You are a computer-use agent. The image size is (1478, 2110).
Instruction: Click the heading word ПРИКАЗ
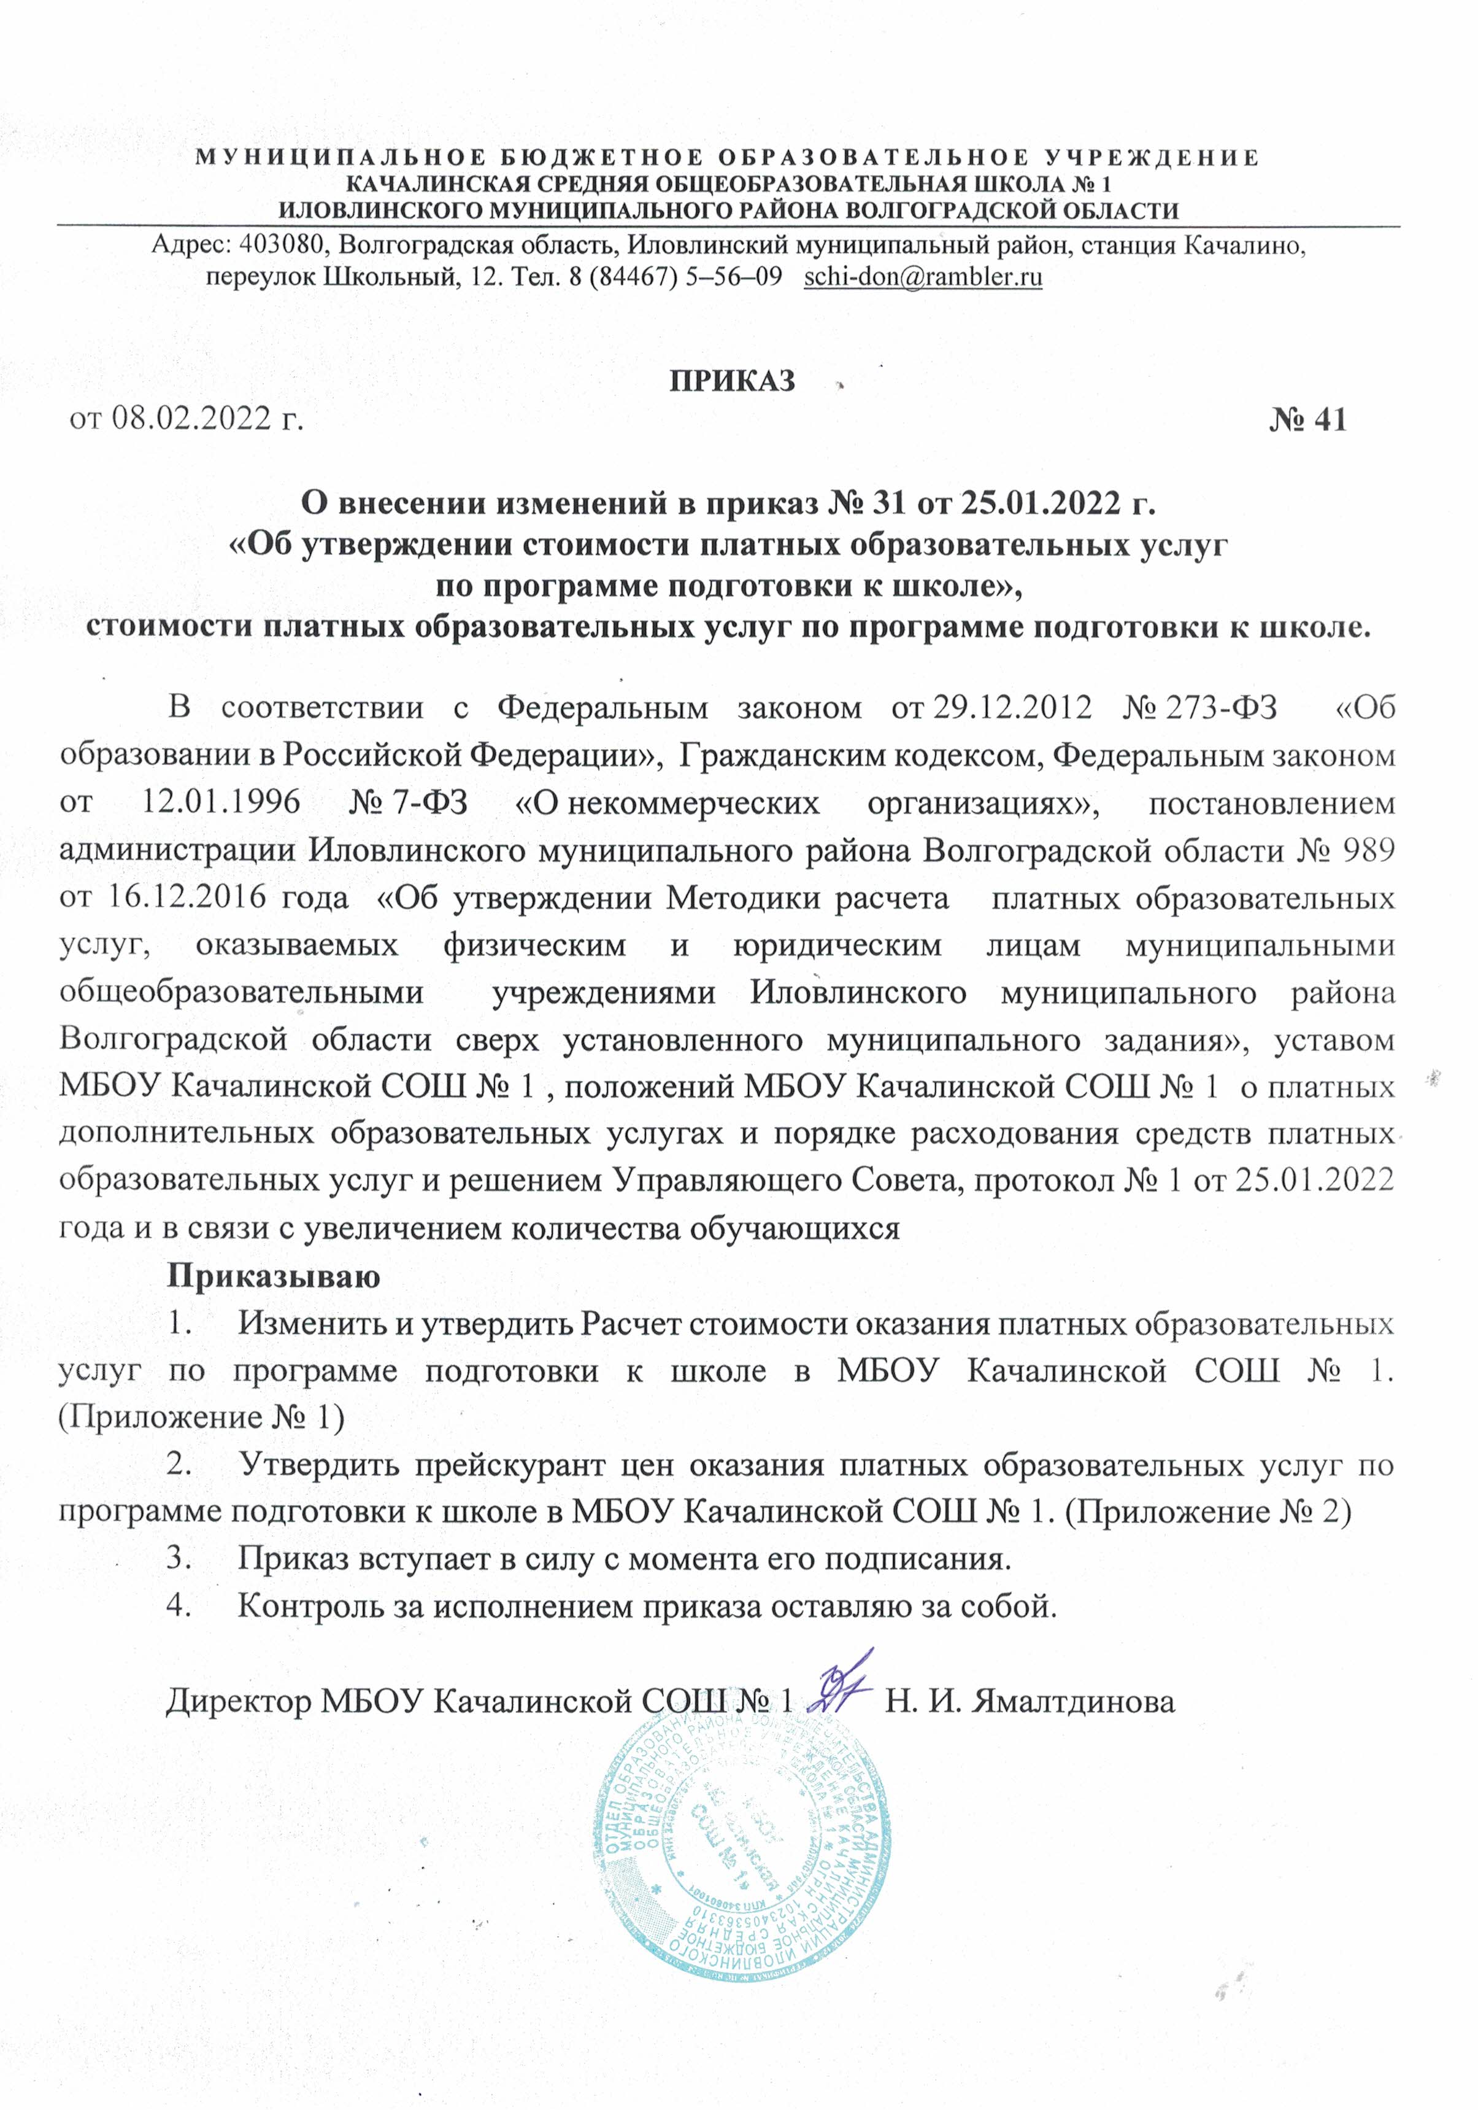pyautogui.click(x=732, y=381)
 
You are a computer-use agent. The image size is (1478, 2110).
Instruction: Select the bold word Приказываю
pyautogui.click(x=273, y=1276)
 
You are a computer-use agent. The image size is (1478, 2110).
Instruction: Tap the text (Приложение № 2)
pyautogui.click(x=1207, y=1511)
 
